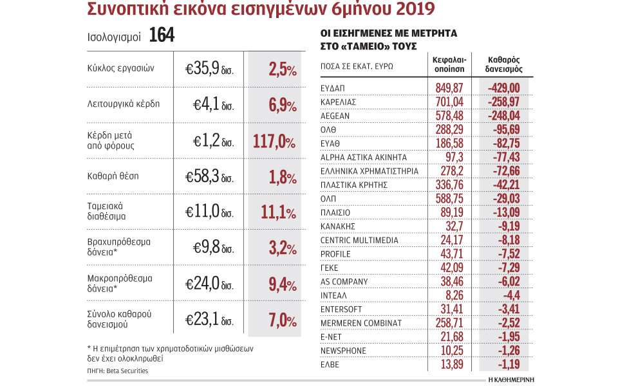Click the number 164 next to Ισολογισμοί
point(162,35)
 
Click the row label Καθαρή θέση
point(113,175)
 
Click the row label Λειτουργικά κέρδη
point(123,104)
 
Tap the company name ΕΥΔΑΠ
point(333,88)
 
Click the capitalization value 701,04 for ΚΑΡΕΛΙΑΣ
point(449,102)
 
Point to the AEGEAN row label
point(335,116)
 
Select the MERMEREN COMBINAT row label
point(361,322)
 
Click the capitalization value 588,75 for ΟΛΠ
point(449,198)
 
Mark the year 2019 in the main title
point(403,8)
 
